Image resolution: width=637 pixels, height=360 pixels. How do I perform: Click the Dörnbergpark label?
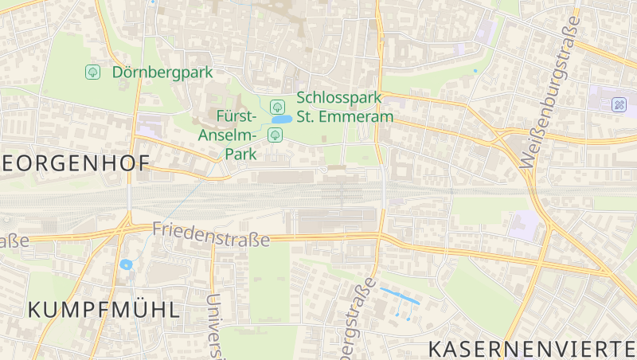pos(162,72)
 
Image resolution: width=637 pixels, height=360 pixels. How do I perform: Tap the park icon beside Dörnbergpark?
pos(93,72)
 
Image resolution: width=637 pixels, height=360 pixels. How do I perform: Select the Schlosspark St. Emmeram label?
pos(345,108)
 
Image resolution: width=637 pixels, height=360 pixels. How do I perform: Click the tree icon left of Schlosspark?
pos(278,106)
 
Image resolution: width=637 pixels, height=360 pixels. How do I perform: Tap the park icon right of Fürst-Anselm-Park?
pos(275,134)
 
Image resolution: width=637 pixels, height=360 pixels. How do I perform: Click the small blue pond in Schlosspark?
pos(280,119)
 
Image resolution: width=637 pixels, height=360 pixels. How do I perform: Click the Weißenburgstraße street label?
pos(549,88)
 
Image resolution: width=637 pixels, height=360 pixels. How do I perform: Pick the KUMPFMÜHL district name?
pos(104,310)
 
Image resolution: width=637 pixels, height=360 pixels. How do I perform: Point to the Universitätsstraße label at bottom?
pos(213,327)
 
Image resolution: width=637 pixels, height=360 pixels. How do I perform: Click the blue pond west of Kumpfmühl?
pos(125,264)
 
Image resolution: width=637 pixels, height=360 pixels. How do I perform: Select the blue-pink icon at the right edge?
pos(619,104)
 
